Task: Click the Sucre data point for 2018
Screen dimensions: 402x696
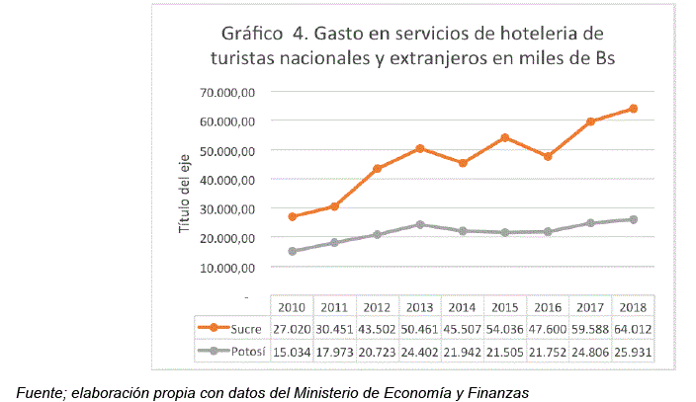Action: (x=633, y=109)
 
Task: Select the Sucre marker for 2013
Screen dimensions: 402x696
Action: (x=419, y=148)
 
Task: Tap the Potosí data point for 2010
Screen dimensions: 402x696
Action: (x=292, y=251)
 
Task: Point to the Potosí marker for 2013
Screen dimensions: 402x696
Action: (x=419, y=224)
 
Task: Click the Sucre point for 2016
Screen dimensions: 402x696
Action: (x=548, y=156)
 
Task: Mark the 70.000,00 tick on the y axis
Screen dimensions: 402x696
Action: (x=228, y=92)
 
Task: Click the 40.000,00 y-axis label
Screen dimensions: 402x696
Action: (x=228, y=180)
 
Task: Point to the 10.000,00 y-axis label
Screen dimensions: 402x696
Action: (x=228, y=267)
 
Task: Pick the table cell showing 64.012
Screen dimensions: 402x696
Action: (x=633, y=328)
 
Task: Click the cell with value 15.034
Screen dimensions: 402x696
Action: (x=292, y=351)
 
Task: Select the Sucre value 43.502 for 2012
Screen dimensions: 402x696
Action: (x=377, y=328)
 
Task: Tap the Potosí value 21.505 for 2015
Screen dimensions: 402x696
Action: (x=505, y=351)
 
